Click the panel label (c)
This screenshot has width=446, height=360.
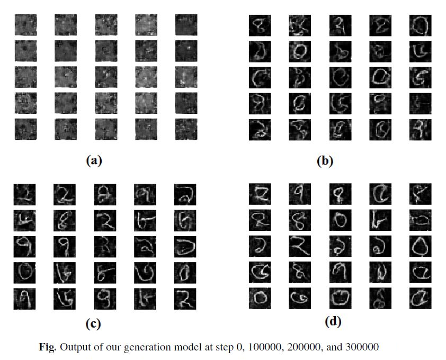[x=93, y=323]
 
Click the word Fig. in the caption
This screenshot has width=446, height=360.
[x=48, y=347]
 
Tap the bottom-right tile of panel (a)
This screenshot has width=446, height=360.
[x=186, y=129]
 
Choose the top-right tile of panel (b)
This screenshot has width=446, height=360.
[x=420, y=25]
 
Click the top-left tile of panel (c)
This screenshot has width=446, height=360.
[x=24, y=194]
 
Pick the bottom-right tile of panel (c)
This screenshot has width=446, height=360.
[x=185, y=299]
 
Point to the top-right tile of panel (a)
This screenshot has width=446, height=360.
[x=186, y=24]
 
